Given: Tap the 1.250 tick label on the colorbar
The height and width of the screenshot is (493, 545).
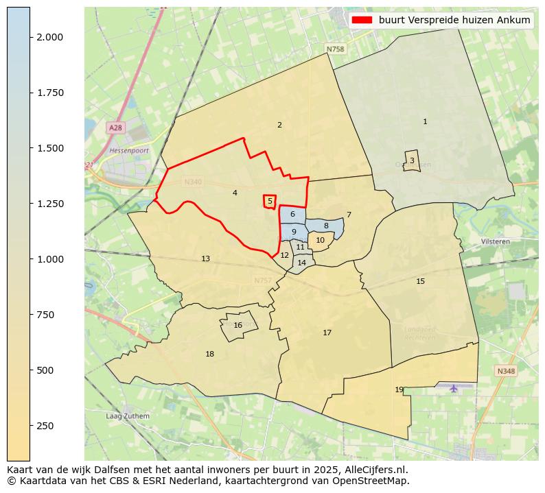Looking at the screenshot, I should click(x=51, y=204).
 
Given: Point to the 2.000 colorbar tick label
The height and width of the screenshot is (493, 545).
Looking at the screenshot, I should click(x=51, y=37).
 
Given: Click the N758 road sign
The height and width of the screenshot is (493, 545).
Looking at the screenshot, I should click(x=335, y=49).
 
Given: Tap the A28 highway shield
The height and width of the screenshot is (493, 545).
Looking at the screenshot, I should click(x=115, y=128).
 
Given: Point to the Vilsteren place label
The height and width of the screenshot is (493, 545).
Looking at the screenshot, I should click(x=495, y=242).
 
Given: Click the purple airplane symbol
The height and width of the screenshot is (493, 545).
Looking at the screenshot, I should click(x=453, y=389).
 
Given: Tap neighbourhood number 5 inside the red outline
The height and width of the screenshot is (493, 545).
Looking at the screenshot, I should click(x=270, y=201).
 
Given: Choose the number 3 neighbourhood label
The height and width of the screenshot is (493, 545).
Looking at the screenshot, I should click(x=412, y=160).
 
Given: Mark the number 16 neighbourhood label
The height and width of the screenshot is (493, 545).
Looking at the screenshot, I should click(x=237, y=326).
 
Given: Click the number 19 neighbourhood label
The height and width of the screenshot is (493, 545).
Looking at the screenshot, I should click(x=399, y=389).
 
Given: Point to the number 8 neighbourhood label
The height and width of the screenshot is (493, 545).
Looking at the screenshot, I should click(x=326, y=226).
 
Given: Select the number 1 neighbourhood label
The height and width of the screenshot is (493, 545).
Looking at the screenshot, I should click(x=425, y=121).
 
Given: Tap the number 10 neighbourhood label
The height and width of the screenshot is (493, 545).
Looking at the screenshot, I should click(x=320, y=240).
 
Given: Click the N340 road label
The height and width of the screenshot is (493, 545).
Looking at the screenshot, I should click(x=193, y=182).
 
